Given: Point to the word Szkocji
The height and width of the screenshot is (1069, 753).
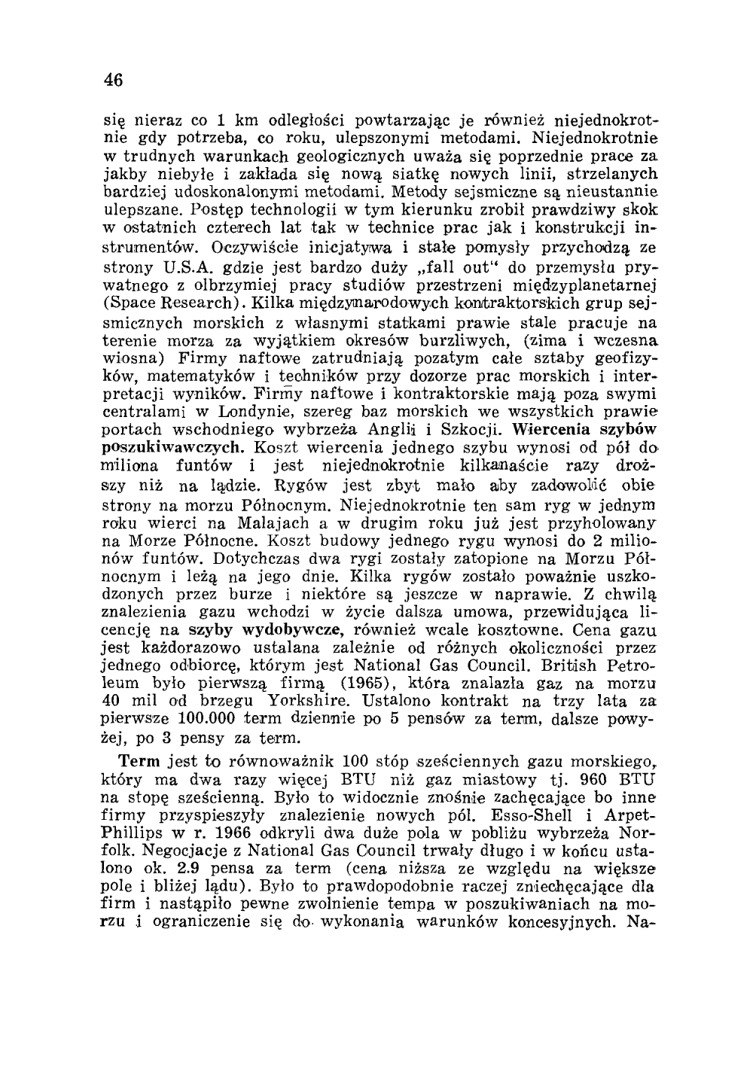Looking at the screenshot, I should click(x=474, y=429).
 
